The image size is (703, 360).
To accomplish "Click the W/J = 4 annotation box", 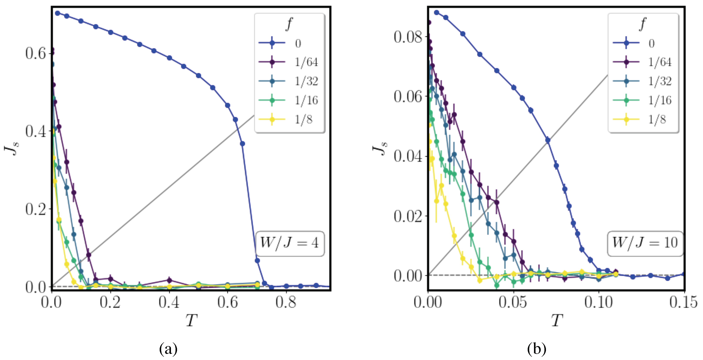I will tap(290, 243).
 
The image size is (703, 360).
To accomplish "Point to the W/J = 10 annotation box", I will tap(645, 243).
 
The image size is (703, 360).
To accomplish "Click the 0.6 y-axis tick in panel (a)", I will tap(35, 53).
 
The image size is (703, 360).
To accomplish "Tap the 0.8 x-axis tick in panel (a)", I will tap(286, 302).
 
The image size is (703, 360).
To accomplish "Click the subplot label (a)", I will tap(168, 348).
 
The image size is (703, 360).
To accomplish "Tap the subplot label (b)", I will tap(537, 348).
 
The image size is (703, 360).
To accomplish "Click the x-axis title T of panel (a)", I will tap(191, 320).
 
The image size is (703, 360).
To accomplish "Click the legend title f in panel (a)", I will tap(289, 24).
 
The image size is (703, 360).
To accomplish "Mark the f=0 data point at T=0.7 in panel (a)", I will tap(257, 261).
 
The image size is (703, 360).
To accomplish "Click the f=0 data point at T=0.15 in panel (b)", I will tap(684, 274).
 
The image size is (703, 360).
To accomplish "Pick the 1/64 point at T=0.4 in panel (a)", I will tap(169, 280).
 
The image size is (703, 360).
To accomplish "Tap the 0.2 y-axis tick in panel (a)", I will tap(35, 209).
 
